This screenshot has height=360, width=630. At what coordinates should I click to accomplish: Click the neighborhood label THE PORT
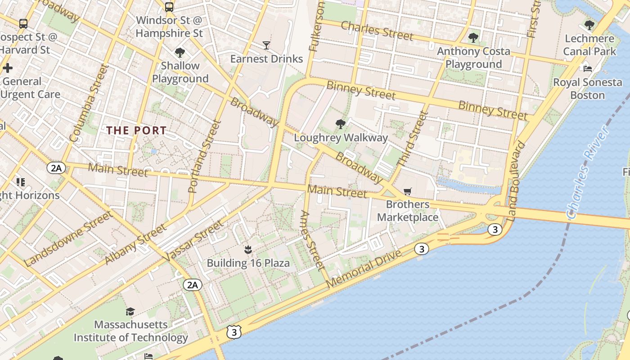point(136,131)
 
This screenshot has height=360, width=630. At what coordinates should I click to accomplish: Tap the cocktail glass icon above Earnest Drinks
point(266,45)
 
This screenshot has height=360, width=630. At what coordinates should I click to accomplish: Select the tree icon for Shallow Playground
point(180,53)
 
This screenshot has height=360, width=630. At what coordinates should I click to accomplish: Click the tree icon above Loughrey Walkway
point(341,124)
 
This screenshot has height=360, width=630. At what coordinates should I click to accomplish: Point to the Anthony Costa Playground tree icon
point(473,38)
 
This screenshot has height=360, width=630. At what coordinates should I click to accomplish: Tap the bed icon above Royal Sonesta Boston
point(587,69)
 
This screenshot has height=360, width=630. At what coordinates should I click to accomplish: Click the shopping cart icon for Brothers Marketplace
point(408,192)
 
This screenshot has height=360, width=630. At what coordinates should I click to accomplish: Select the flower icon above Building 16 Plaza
point(247,249)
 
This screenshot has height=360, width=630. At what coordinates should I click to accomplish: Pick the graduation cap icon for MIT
point(130,311)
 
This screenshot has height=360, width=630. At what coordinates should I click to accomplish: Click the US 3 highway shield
point(234,333)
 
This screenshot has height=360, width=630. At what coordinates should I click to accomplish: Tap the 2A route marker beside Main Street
point(56,168)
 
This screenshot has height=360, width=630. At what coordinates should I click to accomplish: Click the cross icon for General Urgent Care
point(7,68)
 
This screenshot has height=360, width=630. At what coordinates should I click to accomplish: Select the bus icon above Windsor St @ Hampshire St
point(169,7)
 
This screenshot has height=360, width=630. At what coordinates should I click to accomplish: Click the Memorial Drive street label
point(364,269)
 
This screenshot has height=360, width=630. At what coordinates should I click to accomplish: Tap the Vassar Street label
point(194,240)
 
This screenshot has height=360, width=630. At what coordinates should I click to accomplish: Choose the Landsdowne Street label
point(68,238)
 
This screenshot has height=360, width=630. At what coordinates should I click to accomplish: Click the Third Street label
point(412,139)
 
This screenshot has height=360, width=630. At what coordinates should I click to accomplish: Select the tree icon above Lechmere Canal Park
point(589,25)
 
